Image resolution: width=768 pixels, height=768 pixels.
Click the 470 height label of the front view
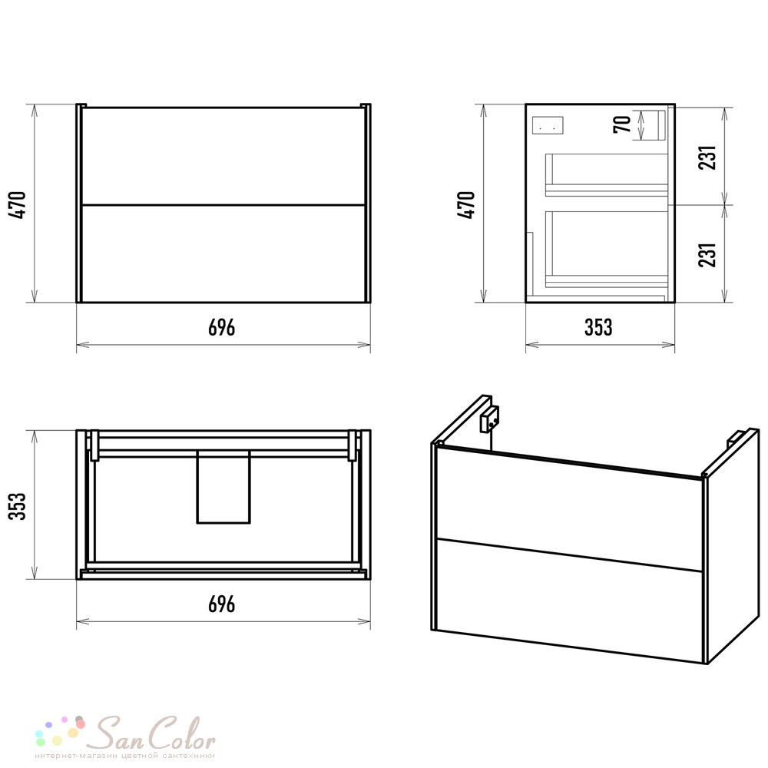point(18,205)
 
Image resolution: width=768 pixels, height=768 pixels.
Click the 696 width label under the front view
point(222,327)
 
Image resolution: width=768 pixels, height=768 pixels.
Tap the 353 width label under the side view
point(598,327)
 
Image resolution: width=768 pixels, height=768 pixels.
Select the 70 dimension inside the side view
point(622,124)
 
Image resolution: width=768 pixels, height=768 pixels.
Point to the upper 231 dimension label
point(707,157)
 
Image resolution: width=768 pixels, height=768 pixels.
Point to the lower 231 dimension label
point(707,255)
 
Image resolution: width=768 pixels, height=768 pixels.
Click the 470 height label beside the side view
point(467,205)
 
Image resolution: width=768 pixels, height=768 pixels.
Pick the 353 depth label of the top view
point(18,506)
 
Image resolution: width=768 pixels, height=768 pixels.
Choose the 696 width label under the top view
point(222,604)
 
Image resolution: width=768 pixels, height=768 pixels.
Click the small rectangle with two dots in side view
point(548,125)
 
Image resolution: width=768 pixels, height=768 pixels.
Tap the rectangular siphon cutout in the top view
point(223,487)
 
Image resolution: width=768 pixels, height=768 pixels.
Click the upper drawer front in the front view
point(223,156)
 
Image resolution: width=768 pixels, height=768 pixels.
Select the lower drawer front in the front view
point(223,253)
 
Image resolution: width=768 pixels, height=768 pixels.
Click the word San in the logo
point(121,733)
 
